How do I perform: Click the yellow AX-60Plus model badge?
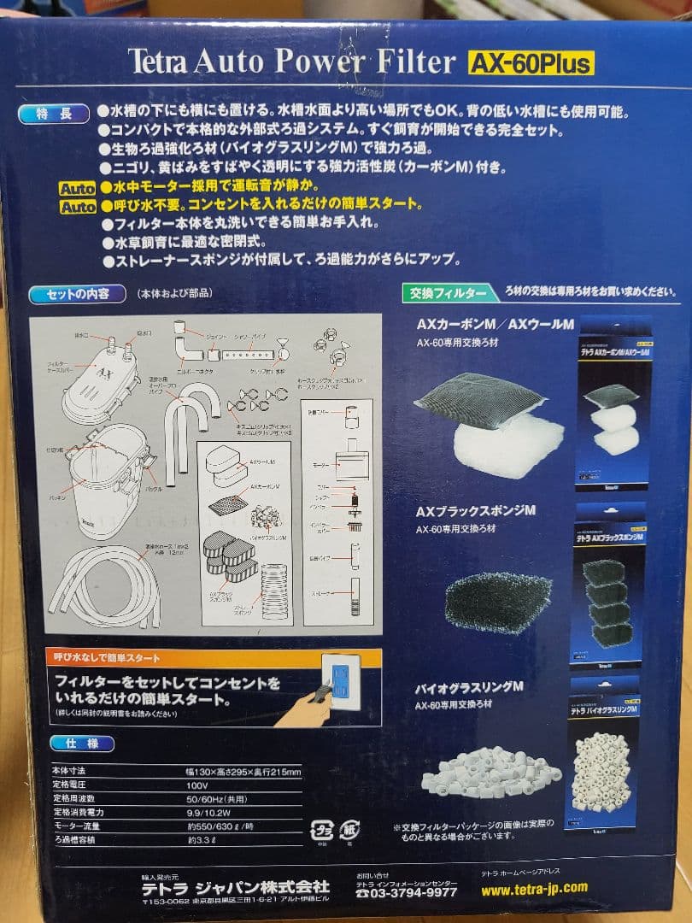530,62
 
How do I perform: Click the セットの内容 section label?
79,295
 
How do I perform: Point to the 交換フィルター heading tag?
443,293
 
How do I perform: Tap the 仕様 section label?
81,744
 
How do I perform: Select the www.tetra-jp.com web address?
534,888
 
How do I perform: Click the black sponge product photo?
488,603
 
